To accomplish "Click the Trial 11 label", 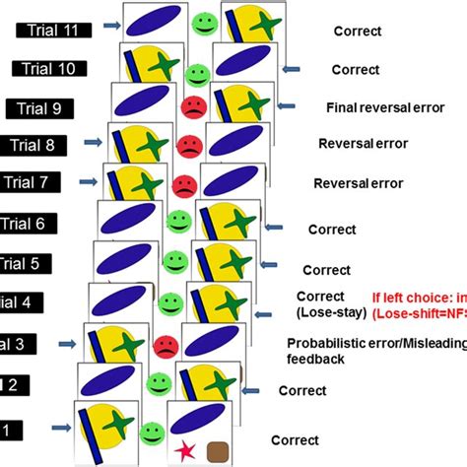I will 55,30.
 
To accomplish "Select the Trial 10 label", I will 49,68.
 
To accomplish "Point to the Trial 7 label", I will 30,182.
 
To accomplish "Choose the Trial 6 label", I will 24,224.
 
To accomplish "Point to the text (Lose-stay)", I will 330,312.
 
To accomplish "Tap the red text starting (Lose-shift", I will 418,313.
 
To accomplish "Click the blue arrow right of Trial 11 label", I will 108,30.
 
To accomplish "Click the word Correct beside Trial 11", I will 359,31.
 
